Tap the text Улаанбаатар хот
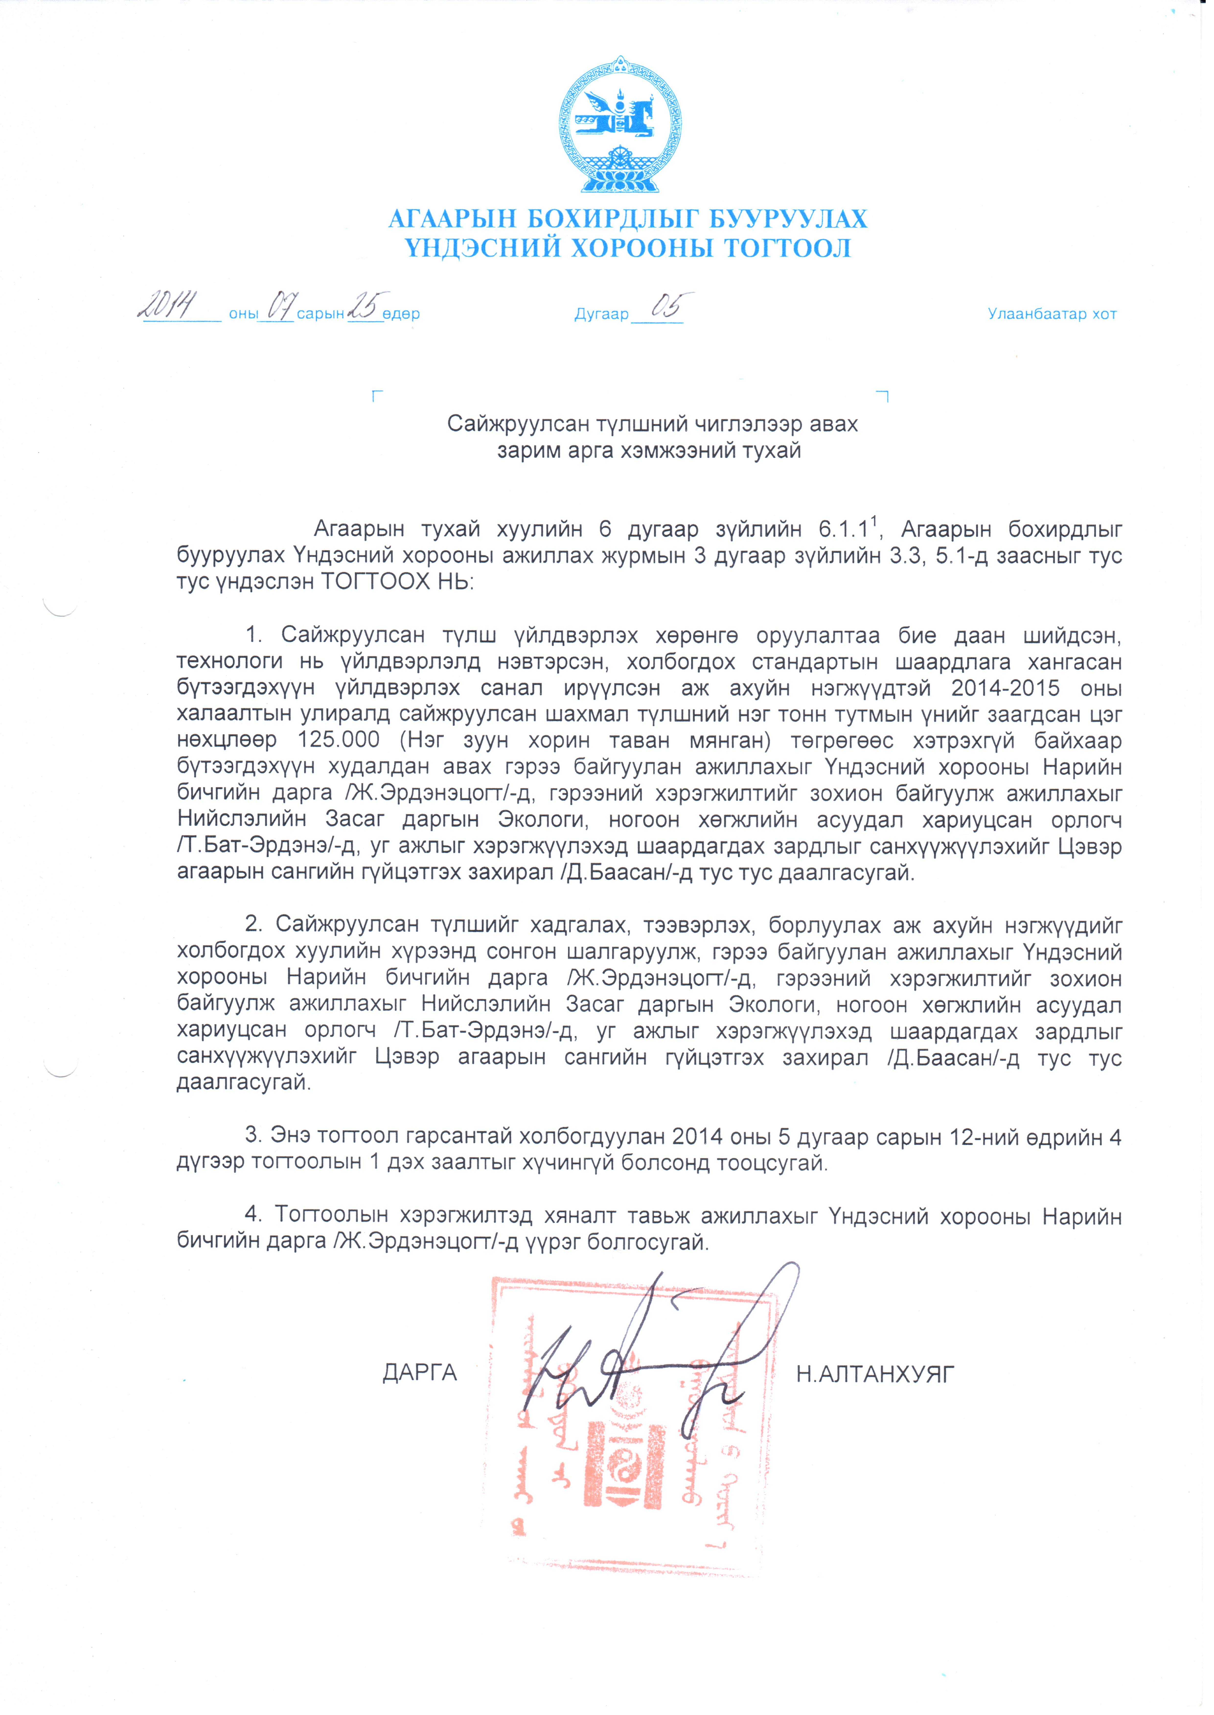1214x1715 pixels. [1058, 315]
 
